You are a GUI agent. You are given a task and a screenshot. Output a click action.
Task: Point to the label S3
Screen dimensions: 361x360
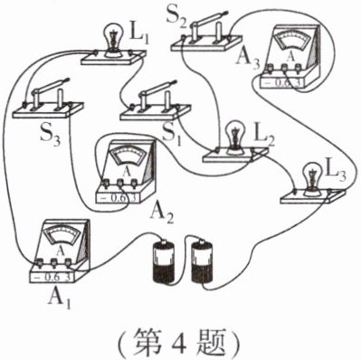[x=51, y=134]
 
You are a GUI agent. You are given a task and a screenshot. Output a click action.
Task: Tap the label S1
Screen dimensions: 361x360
[x=172, y=134]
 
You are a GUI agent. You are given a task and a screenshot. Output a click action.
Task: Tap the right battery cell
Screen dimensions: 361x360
[x=203, y=261]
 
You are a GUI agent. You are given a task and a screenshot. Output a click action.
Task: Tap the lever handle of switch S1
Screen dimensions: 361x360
[x=157, y=88]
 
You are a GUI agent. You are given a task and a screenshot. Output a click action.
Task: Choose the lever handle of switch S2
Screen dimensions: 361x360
[x=209, y=20]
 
